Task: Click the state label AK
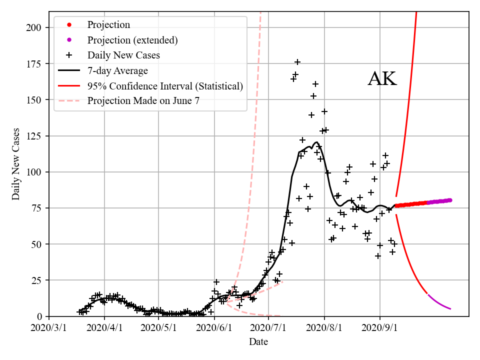(x=382, y=79)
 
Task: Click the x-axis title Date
(x=258, y=342)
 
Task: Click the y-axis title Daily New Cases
(x=16, y=164)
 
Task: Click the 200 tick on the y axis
(x=34, y=27)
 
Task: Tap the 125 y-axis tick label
(x=34, y=136)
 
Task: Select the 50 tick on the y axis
(x=37, y=244)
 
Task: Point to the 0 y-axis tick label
(x=39, y=316)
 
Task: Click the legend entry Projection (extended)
(x=132, y=40)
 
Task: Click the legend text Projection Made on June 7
(x=143, y=101)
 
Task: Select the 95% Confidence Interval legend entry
(x=165, y=86)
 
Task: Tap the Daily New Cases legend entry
(x=123, y=55)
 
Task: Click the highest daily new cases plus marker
(x=297, y=62)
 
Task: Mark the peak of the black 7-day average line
(x=316, y=142)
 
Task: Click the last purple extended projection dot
(x=450, y=200)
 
